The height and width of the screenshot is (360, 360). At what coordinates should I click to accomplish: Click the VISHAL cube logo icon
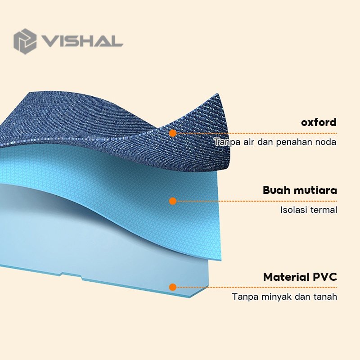[x=25, y=41]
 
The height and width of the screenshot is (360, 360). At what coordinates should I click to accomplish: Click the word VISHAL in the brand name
[x=82, y=41]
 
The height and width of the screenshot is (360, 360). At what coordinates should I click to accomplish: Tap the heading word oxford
[x=319, y=122]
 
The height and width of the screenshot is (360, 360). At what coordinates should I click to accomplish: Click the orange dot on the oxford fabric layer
[x=173, y=133]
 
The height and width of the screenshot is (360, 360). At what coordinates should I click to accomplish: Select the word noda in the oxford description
[x=325, y=142]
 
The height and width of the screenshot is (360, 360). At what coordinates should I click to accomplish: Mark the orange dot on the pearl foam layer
[x=173, y=201]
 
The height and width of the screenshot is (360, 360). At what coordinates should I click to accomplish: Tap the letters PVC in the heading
[x=325, y=277]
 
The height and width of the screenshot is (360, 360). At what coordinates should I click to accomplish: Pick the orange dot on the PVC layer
[x=173, y=287]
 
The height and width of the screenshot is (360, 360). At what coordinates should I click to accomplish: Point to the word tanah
[x=325, y=297]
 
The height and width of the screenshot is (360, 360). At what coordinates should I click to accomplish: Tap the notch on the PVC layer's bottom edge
[x=71, y=276]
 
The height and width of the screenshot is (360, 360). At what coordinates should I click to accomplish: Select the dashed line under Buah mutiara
[x=256, y=201]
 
